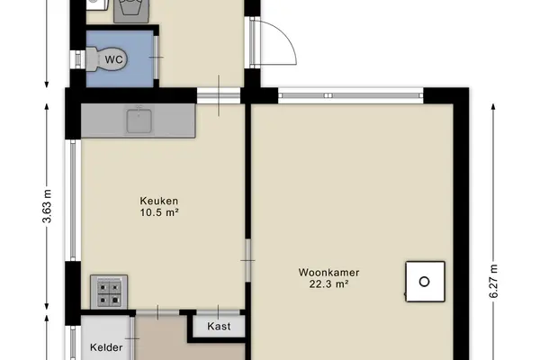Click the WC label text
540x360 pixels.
113,59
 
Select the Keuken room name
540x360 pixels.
158,201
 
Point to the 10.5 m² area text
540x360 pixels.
158,212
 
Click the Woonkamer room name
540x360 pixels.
328,273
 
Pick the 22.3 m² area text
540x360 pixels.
328,284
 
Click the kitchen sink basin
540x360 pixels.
139,121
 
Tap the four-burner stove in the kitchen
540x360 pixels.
109,292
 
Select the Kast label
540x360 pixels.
219,326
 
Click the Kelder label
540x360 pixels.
106,347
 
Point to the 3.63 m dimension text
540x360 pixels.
47,206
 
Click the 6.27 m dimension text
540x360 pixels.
493,281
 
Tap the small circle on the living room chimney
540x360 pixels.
425,282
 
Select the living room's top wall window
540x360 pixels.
351,95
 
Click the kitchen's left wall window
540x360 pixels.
73,200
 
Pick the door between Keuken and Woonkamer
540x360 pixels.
248,260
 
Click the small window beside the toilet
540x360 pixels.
77,59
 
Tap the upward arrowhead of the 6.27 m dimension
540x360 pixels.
493,106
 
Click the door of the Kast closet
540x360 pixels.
218,312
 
